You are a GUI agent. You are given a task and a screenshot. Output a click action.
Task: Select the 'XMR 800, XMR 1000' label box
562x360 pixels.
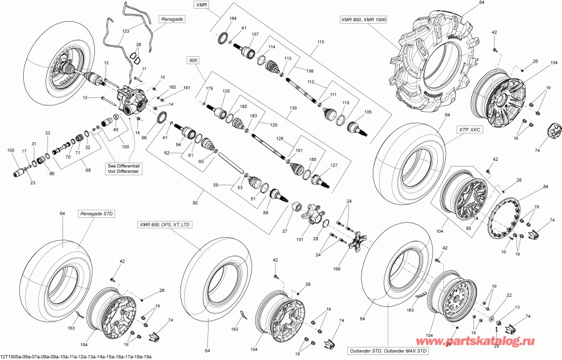(363, 20)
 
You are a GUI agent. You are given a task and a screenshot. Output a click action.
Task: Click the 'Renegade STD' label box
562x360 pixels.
(95, 214)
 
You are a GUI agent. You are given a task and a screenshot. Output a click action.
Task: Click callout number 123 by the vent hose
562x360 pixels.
(126, 31)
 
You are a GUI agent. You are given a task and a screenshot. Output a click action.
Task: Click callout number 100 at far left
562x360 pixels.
(11, 151)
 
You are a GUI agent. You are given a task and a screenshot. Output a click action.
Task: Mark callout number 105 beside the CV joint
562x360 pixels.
(368, 113)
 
